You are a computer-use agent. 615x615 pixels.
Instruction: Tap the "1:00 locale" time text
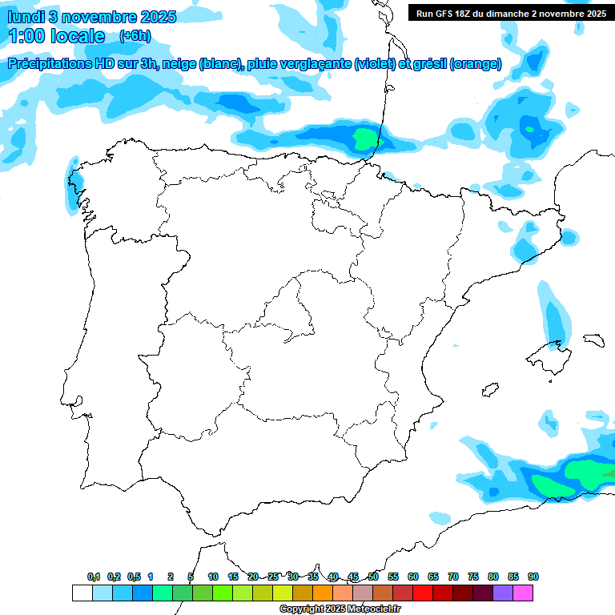tap(56, 36)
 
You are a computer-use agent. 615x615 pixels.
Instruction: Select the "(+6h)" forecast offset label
tap(135, 36)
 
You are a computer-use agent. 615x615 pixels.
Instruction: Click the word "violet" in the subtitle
tap(376, 64)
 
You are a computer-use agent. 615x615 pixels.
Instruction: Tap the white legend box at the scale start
tap(82, 593)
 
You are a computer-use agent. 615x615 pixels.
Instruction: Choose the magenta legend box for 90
tap(523, 593)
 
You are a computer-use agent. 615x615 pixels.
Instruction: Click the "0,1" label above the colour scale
tap(94, 577)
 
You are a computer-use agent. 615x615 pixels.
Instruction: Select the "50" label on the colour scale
tap(373, 577)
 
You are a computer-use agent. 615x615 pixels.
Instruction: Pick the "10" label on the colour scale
tap(213, 577)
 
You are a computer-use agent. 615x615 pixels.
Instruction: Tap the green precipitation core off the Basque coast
tap(364, 141)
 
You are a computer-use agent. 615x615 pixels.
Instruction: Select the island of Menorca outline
tap(593, 340)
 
